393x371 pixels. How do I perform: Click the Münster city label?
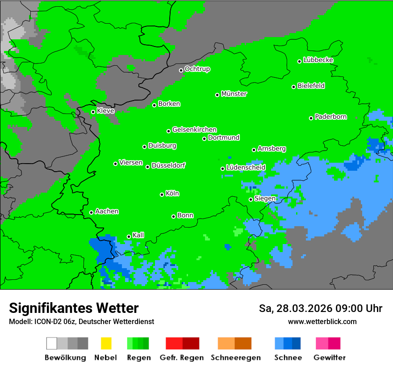(234, 94)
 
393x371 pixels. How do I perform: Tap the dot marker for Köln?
(162, 194)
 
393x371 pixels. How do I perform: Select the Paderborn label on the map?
(330, 117)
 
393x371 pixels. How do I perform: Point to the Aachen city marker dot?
(92, 212)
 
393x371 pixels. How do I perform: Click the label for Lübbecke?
(318, 60)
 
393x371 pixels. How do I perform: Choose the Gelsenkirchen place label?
(194, 130)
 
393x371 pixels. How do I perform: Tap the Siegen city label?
(265, 198)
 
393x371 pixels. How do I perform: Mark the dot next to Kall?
(129, 236)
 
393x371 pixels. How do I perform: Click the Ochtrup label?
(197, 69)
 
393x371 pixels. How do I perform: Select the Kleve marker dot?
(93, 112)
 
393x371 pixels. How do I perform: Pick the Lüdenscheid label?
(246, 167)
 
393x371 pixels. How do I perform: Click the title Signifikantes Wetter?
(74, 308)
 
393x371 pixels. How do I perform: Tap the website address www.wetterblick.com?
(322, 321)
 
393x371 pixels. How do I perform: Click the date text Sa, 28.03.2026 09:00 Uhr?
(320, 308)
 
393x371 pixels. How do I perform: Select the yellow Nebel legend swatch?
(106, 343)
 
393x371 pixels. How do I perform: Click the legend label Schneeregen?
(235, 358)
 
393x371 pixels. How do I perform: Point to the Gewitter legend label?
(329, 358)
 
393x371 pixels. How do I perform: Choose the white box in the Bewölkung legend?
(52, 343)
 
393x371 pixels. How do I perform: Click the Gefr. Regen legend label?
(182, 358)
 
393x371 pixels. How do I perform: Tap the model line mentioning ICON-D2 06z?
(81, 321)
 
